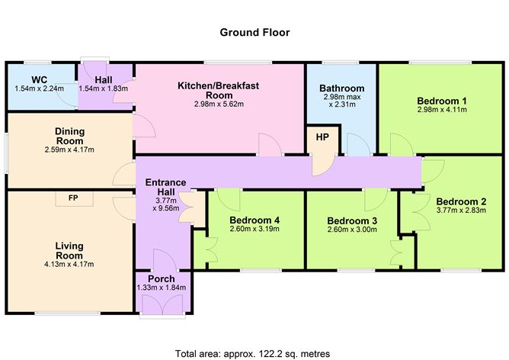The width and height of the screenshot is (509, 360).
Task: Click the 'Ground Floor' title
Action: click(x=254, y=32)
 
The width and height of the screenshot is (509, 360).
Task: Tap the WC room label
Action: click(x=40, y=79)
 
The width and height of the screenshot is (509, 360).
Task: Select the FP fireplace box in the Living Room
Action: click(x=73, y=198)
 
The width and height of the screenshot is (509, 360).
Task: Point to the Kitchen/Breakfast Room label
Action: click(x=219, y=90)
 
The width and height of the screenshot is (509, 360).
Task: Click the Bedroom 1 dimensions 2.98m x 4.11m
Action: click(x=441, y=111)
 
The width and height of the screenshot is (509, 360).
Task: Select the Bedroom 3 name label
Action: click(x=352, y=220)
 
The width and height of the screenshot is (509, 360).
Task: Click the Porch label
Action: click(x=161, y=278)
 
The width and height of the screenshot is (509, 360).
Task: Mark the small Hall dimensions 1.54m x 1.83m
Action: click(x=104, y=88)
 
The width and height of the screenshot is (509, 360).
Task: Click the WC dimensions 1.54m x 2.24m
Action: click(x=40, y=88)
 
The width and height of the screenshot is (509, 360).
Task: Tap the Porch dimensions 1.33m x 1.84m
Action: click(x=161, y=288)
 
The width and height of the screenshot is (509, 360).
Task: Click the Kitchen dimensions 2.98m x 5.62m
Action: click(x=219, y=104)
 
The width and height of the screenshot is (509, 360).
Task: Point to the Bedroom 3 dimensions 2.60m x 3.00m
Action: click(x=352, y=230)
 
